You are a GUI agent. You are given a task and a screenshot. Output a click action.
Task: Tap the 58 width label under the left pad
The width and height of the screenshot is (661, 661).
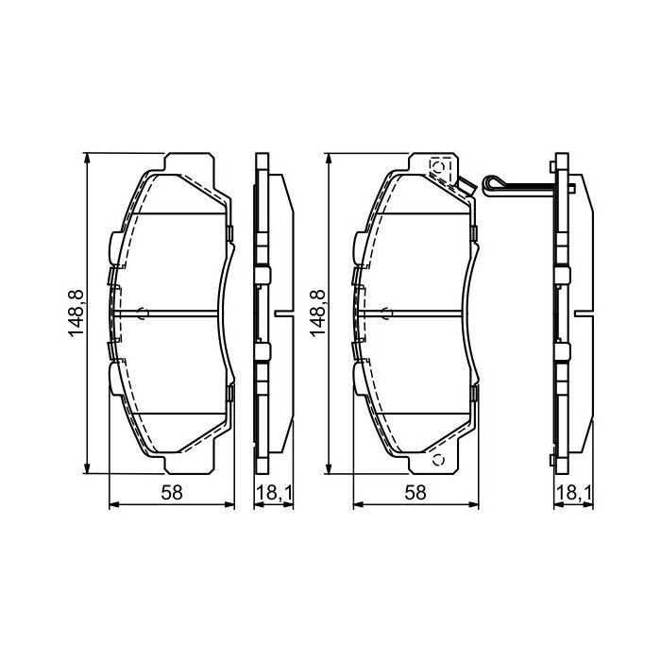[171, 492]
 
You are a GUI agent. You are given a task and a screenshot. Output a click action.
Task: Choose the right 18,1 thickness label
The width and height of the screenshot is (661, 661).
[571, 492]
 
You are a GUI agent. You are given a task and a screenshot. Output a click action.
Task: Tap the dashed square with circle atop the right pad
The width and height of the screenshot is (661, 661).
[438, 166]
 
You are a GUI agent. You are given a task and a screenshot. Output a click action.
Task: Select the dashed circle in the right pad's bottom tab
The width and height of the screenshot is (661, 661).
[438, 461]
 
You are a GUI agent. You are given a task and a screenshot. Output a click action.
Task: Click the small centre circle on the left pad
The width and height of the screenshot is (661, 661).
[143, 314]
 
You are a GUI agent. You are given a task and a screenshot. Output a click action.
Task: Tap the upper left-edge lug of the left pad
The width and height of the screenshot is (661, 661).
[112, 248]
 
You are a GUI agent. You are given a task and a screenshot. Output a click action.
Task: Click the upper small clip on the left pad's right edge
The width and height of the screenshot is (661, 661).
[229, 234]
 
